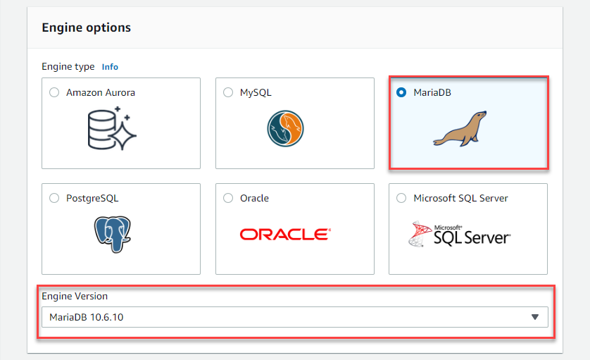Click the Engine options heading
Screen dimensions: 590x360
pos(86,27)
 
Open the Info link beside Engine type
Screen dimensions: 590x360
pos(110,67)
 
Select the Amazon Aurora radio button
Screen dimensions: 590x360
pos(54,92)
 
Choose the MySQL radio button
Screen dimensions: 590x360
pos(228,92)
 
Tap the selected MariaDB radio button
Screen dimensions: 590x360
pos(401,92)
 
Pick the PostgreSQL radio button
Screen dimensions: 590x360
pos(54,198)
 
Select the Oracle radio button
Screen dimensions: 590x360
pos(228,198)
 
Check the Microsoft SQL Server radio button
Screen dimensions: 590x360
pos(401,198)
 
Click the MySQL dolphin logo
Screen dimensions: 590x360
pos(286,128)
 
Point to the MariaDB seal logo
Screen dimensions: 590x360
pos(460,128)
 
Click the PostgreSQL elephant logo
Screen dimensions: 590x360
pos(113,234)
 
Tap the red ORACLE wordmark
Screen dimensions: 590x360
pos(286,234)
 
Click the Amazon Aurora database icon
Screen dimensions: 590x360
pos(112,128)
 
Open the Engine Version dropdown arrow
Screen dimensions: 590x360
pos(535,317)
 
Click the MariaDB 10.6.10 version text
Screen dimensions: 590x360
pos(86,318)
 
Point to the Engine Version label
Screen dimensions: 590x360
pos(75,297)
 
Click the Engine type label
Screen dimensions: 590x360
pos(68,67)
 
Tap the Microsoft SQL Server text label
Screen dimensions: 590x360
pos(460,198)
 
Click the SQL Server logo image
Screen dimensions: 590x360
pos(460,234)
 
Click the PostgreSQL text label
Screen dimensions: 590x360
pos(92,199)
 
